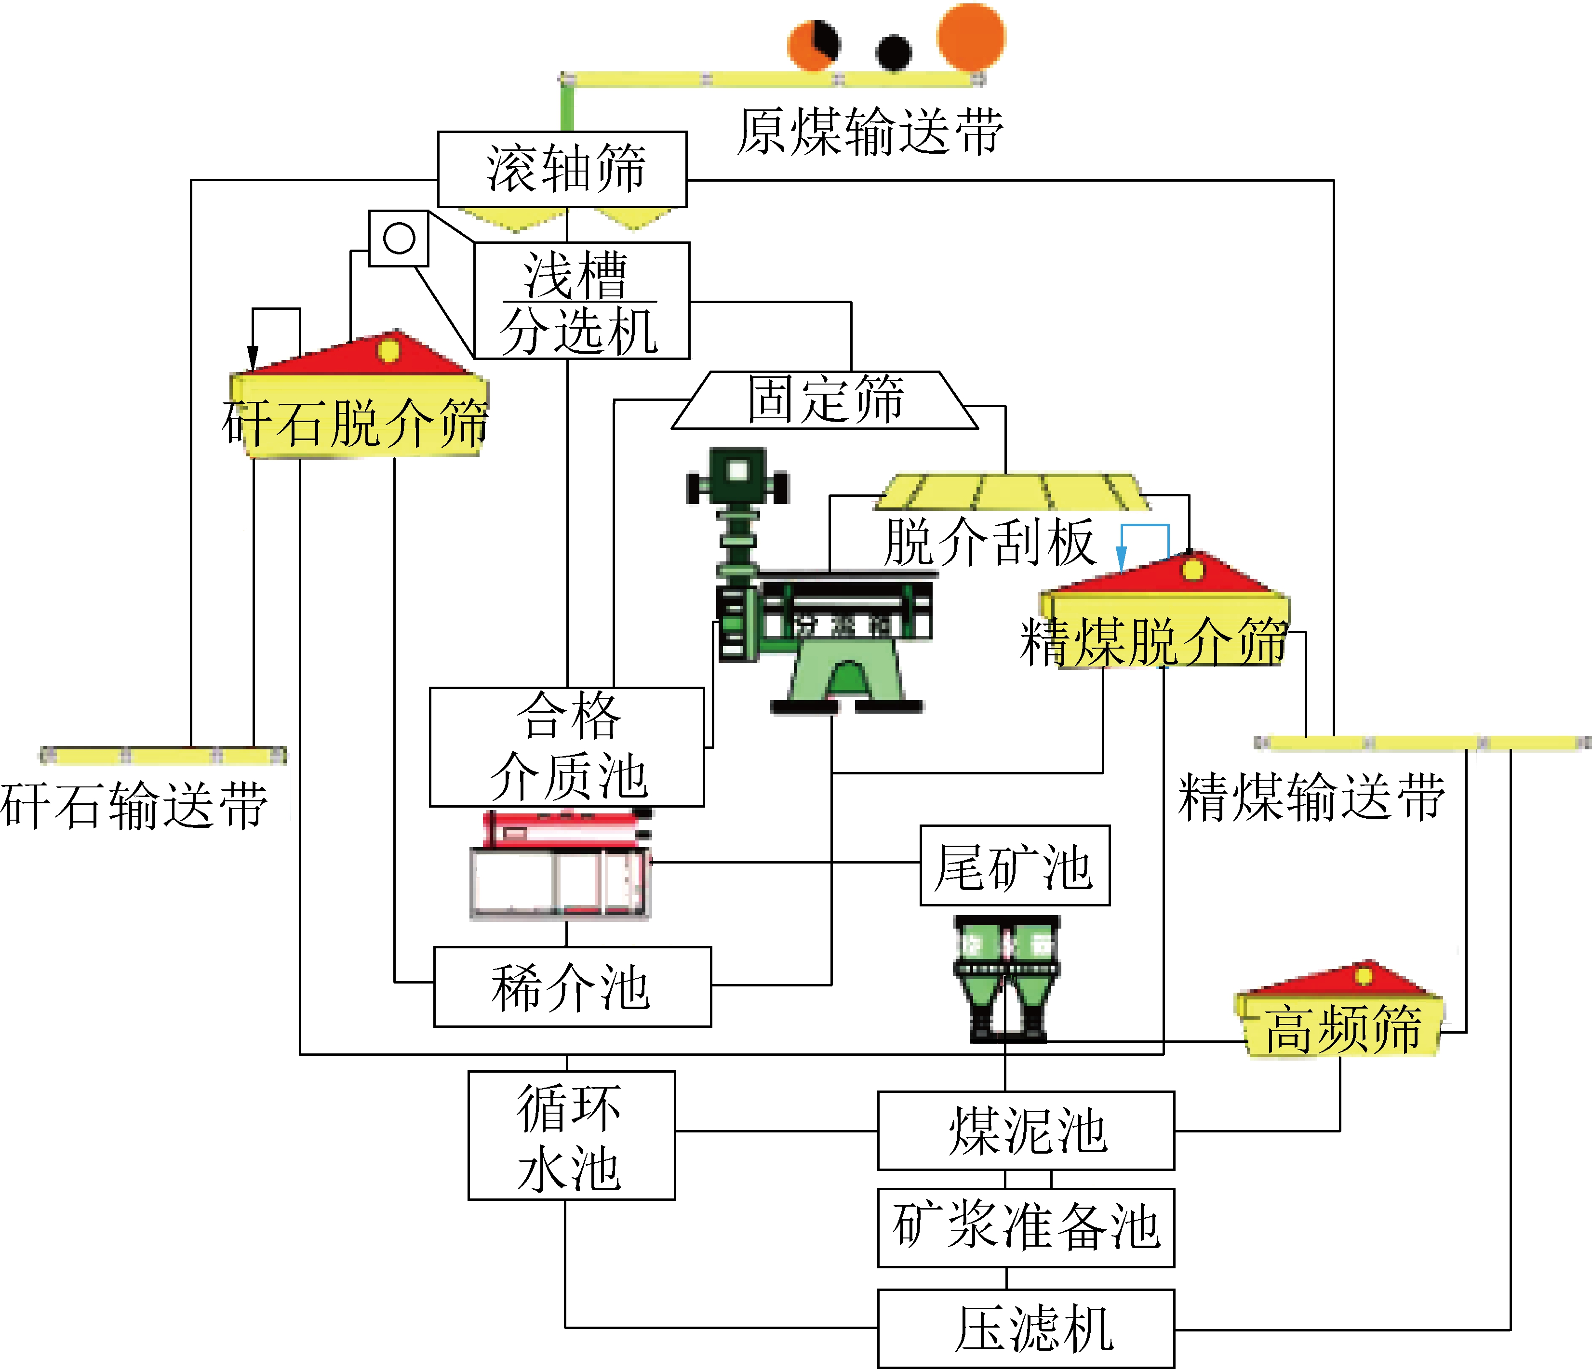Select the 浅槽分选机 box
tap(582, 300)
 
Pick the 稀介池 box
tap(573, 986)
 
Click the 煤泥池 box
tap(1026, 1131)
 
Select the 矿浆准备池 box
tap(1026, 1227)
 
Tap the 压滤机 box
tap(1026, 1329)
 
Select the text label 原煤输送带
tap(870, 132)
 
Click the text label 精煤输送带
tap(1311, 798)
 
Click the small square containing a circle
tap(399, 238)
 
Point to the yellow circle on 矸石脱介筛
tap(389, 350)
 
